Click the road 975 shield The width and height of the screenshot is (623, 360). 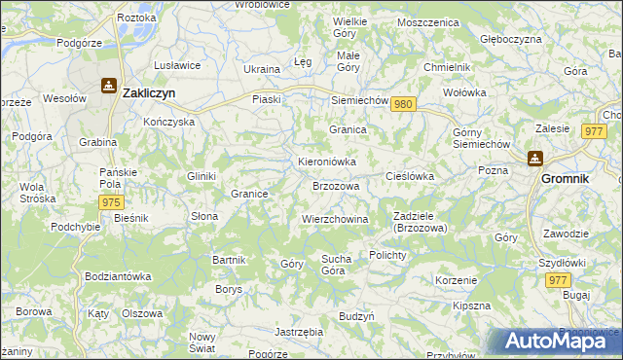click(110, 201)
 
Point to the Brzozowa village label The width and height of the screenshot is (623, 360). click(336, 185)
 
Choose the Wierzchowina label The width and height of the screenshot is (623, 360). click(335, 219)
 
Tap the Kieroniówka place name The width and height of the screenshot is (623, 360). click(326, 161)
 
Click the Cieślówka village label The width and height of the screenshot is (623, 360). click(410, 176)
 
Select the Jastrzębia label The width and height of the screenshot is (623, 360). click(299, 332)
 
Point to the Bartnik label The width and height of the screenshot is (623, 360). click(229, 260)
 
